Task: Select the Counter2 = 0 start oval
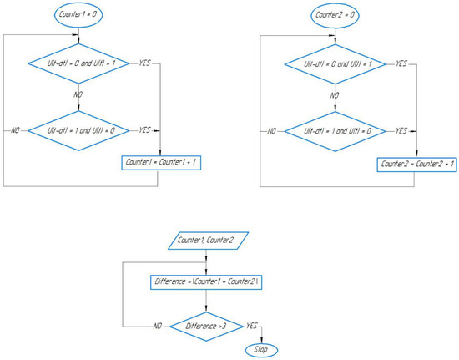tap(334, 16)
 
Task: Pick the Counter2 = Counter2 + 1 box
tap(417, 164)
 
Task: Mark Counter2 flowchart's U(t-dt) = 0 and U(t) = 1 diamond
tap(334, 63)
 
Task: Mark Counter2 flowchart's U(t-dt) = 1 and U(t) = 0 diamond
tap(334, 131)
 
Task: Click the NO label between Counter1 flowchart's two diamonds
tap(78, 96)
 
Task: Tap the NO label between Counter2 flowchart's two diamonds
tap(334, 96)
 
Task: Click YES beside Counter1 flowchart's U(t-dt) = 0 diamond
tap(144, 63)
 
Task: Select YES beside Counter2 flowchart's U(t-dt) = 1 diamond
tap(401, 131)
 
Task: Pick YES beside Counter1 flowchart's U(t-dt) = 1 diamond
tap(144, 131)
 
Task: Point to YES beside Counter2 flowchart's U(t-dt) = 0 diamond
tap(401, 63)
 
